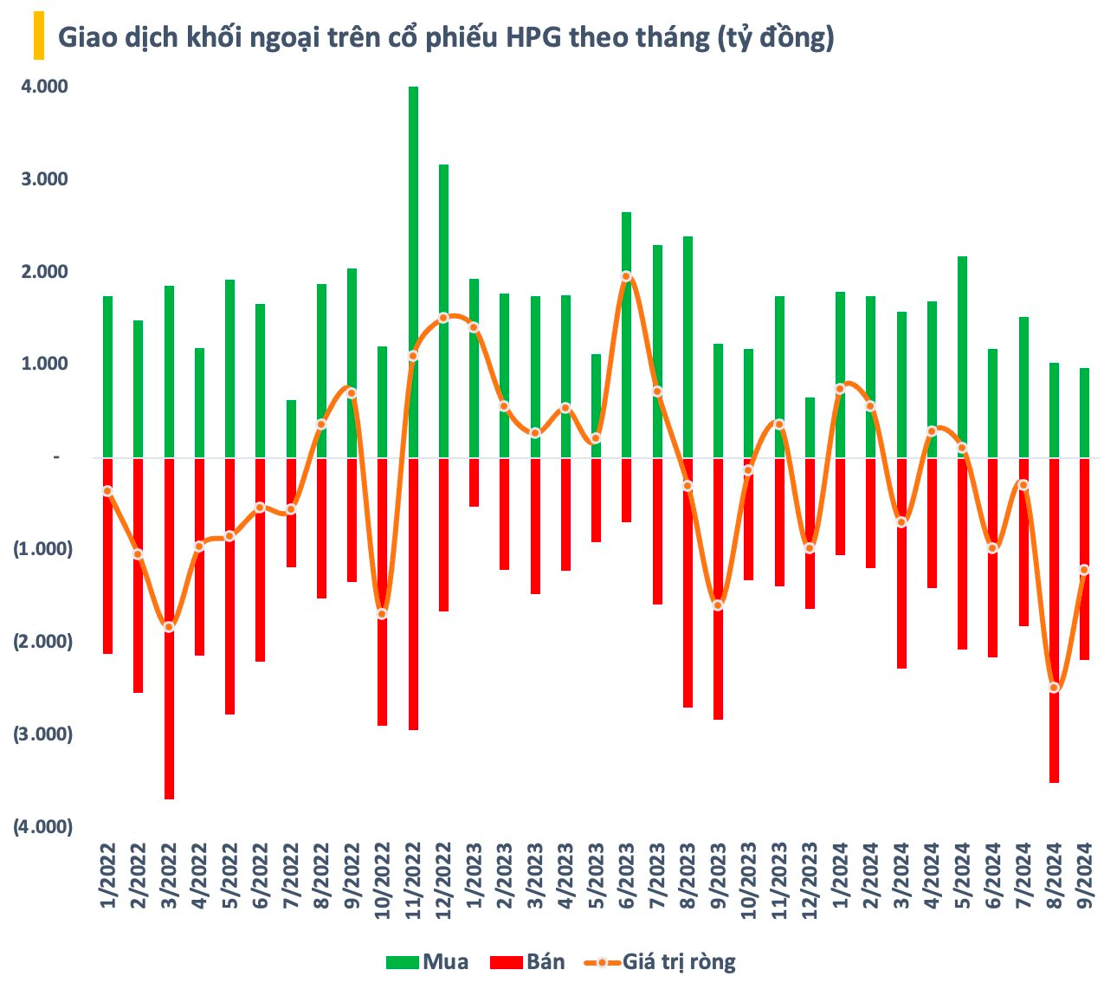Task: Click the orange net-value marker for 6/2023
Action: tap(626, 276)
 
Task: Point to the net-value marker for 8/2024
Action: tap(1054, 688)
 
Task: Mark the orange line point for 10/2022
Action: tap(382, 614)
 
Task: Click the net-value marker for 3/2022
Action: tap(169, 627)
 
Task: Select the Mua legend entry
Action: tap(428, 962)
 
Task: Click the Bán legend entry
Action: tap(527, 962)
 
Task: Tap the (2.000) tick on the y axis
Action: tap(42, 642)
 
